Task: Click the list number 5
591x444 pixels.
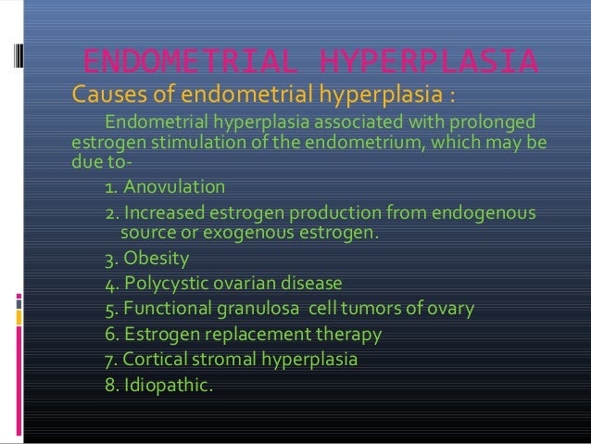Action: [111, 308]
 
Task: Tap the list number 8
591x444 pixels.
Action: [111, 381]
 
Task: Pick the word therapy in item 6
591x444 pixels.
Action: [348, 333]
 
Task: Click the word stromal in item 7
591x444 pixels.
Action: [231, 357]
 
